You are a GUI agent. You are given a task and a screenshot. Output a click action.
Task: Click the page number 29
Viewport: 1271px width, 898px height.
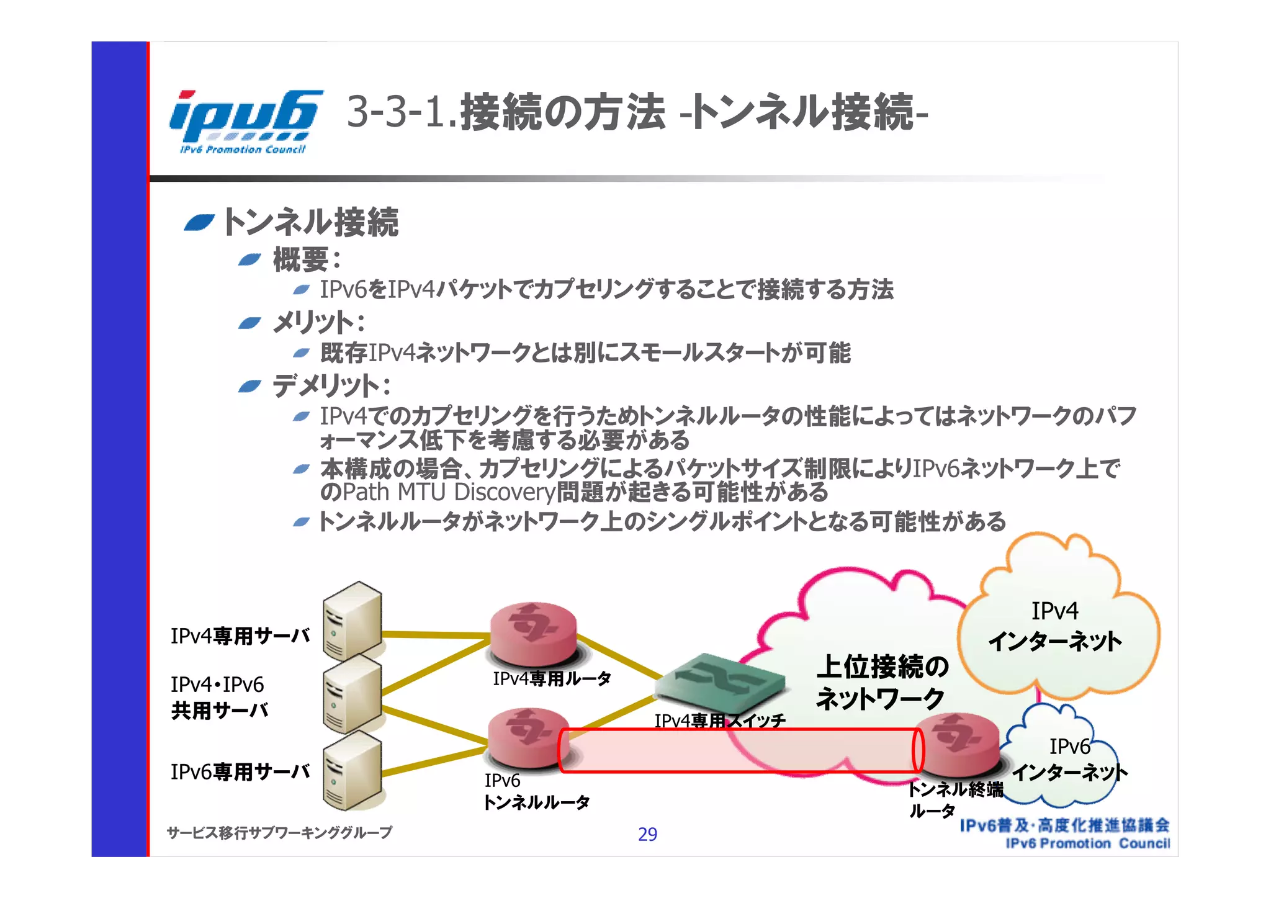(647, 834)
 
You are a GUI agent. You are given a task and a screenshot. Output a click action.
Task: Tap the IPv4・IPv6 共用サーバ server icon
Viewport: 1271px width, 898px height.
(352, 695)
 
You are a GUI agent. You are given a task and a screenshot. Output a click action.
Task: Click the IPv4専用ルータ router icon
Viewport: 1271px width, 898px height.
(533, 634)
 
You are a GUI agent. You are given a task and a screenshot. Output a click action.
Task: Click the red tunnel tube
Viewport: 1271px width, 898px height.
(739, 750)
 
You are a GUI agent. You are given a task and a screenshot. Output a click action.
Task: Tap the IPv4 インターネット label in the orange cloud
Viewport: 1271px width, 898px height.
(1055, 626)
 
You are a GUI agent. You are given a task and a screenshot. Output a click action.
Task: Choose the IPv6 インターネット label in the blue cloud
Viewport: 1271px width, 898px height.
(1069, 760)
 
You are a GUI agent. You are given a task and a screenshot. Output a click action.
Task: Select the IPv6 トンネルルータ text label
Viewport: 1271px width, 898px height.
(536, 791)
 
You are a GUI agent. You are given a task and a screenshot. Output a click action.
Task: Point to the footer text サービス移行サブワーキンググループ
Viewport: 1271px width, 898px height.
(279, 832)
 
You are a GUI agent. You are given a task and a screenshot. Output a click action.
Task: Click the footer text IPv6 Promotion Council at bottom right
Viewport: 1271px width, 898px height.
(1087, 843)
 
